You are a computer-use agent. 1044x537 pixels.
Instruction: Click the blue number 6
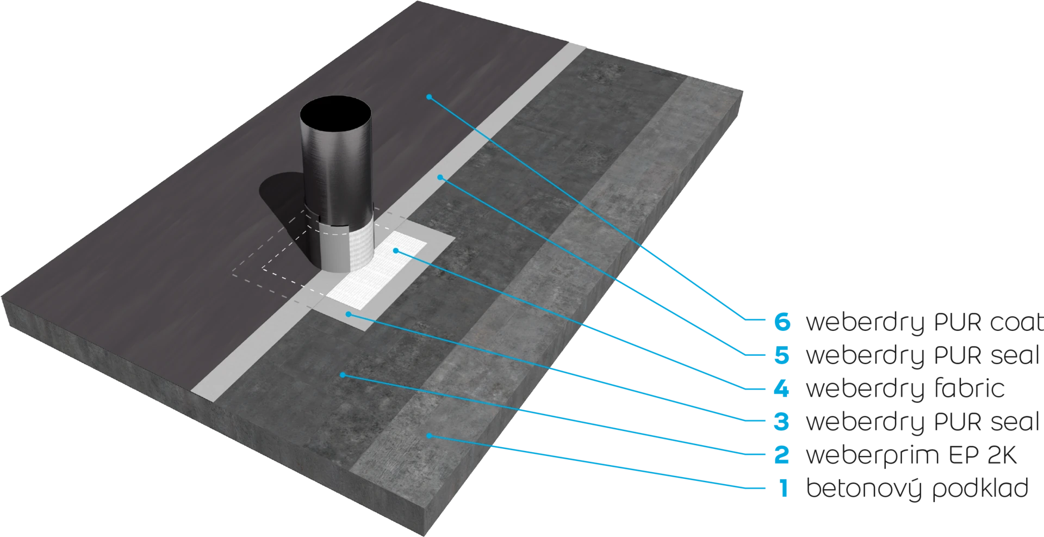click(782, 323)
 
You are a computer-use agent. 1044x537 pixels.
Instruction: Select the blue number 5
click(782, 356)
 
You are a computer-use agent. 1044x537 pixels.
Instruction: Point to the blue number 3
click(782, 422)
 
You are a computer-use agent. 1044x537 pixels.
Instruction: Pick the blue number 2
click(782, 455)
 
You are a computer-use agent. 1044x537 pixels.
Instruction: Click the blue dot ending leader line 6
click(429, 97)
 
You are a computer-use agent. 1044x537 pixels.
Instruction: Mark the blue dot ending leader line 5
click(441, 177)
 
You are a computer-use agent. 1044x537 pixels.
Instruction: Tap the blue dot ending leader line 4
click(396, 251)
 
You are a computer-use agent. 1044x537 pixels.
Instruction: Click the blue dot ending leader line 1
click(429, 435)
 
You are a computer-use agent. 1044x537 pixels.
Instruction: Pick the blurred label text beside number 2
click(903, 455)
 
